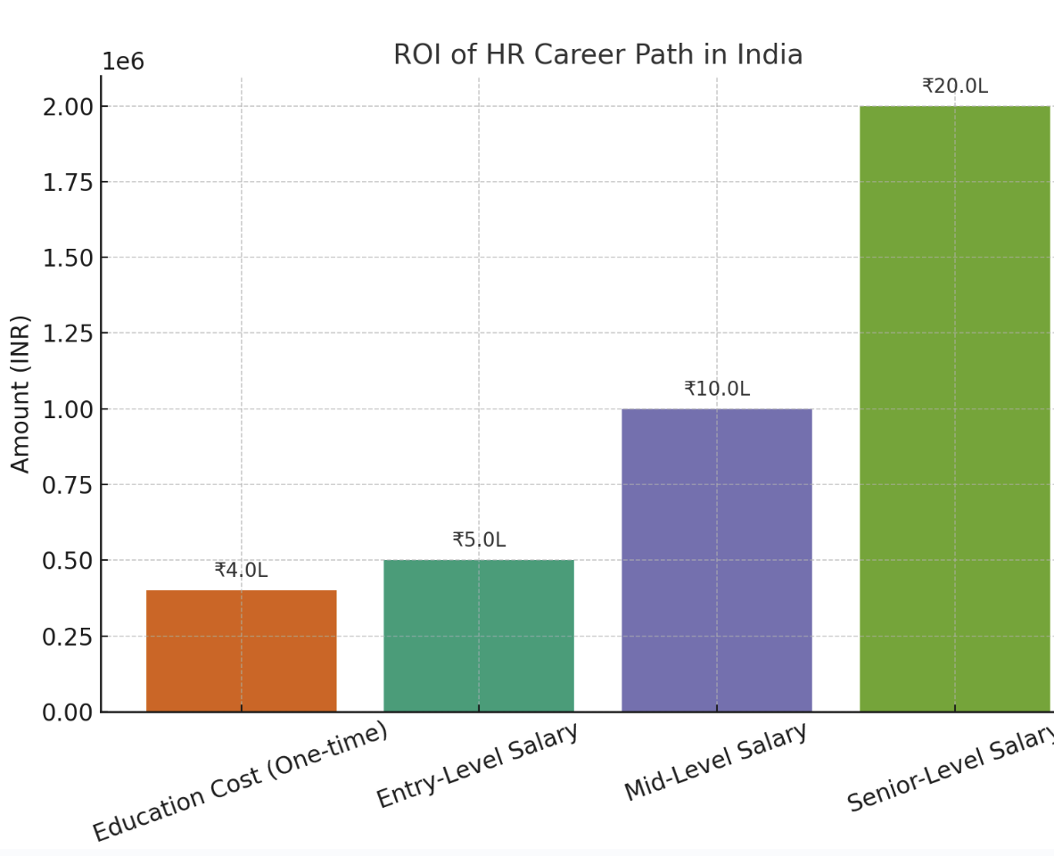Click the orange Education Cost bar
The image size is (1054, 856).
[x=241, y=651]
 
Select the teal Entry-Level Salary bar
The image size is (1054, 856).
[x=479, y=636]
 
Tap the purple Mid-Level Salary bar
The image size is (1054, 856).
[x=717, y=560]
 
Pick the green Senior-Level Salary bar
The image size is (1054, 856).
[x=955, y=408]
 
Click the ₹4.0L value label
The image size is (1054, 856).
[x=241, y=571]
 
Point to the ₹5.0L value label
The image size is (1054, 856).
[x=479, y=540]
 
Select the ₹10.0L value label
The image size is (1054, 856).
[x=717, y=390]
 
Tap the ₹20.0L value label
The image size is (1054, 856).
[x=955, y=86]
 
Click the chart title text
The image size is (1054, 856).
[x=597, y=55]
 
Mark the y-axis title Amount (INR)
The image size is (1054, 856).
[x=21, y=393]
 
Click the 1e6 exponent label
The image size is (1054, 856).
[x=123, y=62]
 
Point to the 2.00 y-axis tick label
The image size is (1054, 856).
[x=68, y=107]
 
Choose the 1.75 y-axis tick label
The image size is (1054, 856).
[x=68, y=183]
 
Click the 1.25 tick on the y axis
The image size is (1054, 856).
[x=68, y=333]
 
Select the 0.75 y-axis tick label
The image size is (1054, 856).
[x=68, y=485]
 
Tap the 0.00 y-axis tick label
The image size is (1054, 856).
[x=68, y=712]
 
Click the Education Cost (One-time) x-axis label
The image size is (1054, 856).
[x=241, y=781]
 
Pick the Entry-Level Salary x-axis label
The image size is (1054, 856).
[x=478, y=765]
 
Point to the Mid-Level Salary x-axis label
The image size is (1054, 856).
[x=716, y=761]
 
